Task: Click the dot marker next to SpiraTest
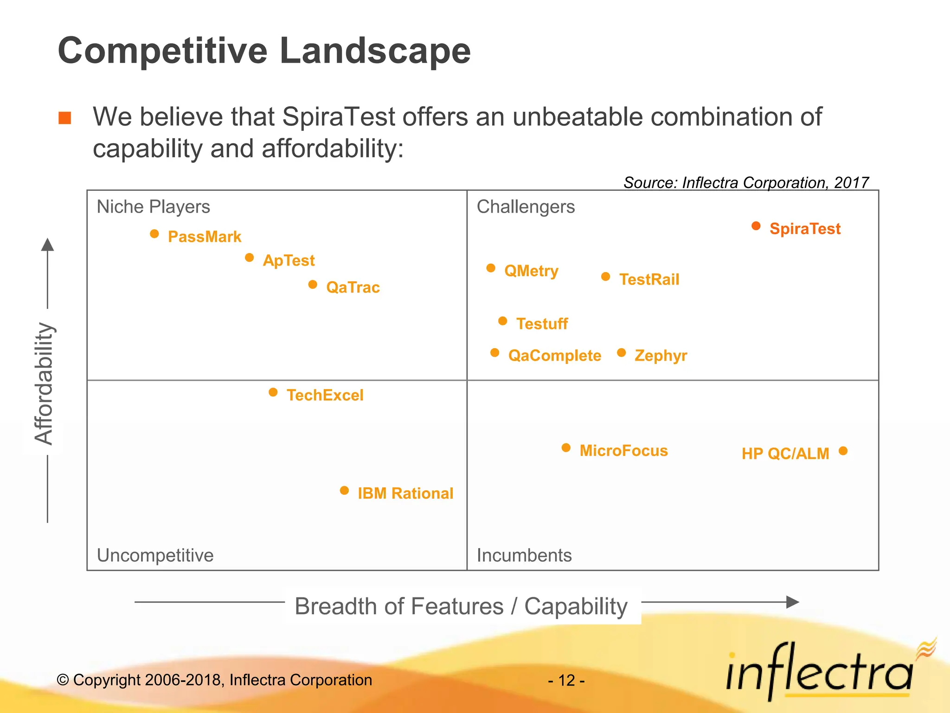(x=756, y=226)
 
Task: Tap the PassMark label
(x=204, y=237)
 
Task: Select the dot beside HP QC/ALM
(x=843, y=451)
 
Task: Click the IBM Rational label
(x=405, y=493)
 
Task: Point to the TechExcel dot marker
(x=273, y=393)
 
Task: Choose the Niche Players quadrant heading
(x=153, y=207)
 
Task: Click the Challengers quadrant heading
(x=526, y=207)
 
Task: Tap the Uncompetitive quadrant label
(x=155, y=555)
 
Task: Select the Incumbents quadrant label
(x=524, y=555)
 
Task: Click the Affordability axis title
(x=44, y=383)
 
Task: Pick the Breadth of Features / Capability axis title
(x=461, y=606)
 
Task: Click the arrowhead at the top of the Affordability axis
(x=47, y=245)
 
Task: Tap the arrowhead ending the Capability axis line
(x=793, y=602)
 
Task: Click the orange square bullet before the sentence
(x=65, y=118)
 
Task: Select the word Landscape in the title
(x=375, y=51)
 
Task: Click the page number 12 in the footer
(x=566, y=681)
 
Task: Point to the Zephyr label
(x=661, y=356)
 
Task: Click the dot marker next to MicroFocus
(x=566, y=447)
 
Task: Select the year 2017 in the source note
(x=851, y=182)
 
